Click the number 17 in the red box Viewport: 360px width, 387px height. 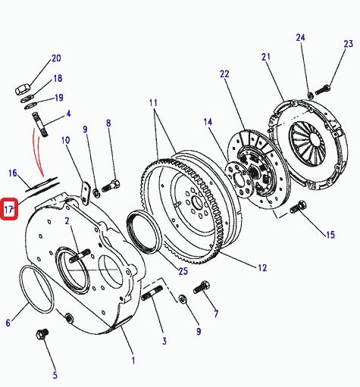tap(8, 209)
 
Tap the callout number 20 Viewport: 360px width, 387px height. tap(56, 58)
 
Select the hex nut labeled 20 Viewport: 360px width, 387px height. tap(23, 89)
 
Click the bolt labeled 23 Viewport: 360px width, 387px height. tap(323, 90)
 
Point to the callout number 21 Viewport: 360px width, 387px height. tap(266, 57)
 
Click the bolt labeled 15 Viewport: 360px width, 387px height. tap(298, 207)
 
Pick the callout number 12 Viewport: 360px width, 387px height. tap(262, 268)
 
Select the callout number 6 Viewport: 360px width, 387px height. tap(8, 323)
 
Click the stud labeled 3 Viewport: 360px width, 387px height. tap(152, 293)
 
